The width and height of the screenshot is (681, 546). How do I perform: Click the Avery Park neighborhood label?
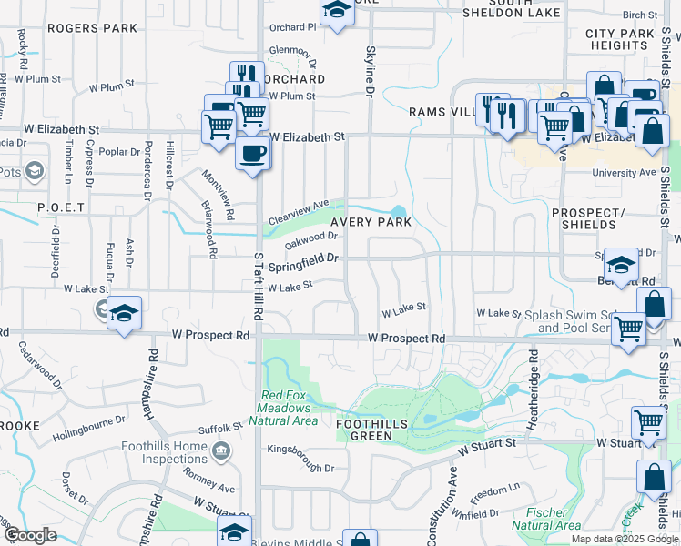[x=371, y=221]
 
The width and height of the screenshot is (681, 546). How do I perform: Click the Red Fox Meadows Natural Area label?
[x=290, y=408]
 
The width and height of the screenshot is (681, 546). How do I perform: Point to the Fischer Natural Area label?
[x=546, y=519]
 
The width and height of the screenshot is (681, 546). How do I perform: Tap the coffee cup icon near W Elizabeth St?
[x=252, y=152]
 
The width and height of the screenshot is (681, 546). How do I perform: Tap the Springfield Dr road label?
[x=304, y=258]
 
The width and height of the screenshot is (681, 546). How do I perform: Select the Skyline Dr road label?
[x=371, y=73]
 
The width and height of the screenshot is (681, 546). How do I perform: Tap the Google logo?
[x=30, y=535]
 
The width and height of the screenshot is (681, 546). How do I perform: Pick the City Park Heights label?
[x=619, y=39]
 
